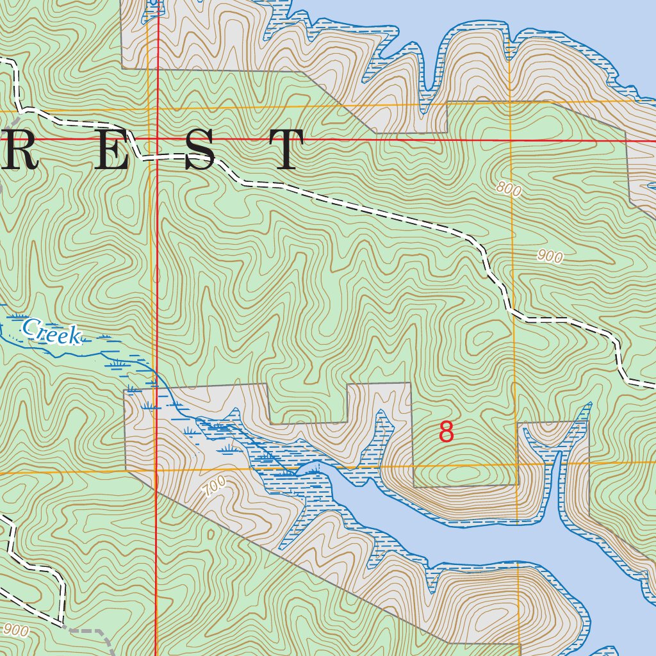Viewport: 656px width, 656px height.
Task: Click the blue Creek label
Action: click(x=51, y=331)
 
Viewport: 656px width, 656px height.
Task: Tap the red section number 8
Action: click(x=447, y=432)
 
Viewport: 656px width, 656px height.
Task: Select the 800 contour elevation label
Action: click(x=508, y=188)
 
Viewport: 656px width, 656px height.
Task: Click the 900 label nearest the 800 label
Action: click(x=550, y=257)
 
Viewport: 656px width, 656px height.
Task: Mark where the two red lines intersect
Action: click(x=158, y=138)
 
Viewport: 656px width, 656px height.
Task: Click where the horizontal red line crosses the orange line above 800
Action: click(x=510, y=140)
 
